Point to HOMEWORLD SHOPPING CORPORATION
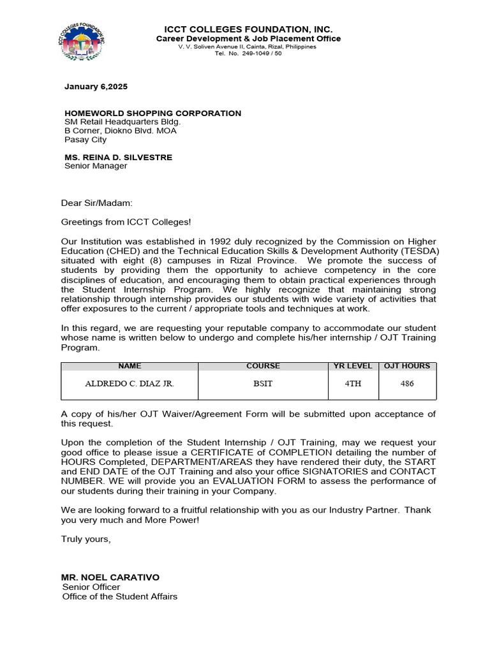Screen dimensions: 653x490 [x=152, y=114]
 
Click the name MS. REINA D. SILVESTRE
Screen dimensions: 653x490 [x=118, y=158]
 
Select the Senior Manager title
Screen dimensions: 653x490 [x=96, y=166]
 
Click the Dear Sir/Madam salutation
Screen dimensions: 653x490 [x=96, y=203]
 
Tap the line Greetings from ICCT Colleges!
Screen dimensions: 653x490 [x=126, y=222]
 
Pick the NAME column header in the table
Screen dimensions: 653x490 [x=130, y=367]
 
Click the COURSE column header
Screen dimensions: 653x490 [x=263, y=367]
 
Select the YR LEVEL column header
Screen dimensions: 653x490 [x=353, y=367]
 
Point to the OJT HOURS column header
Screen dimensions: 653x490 [x=407, y=367]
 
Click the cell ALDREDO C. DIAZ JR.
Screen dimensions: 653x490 [x=130, y=384]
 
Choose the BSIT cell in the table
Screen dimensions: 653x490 [x=263, y=384]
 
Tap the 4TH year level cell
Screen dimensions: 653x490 [x=353, y=384]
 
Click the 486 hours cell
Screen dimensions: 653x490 [x=407, y=384]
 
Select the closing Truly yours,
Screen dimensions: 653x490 [x=86, y=539]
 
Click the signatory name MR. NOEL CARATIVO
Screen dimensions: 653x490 [x=110, y=577]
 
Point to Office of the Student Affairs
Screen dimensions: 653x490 [x=120, y=597]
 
